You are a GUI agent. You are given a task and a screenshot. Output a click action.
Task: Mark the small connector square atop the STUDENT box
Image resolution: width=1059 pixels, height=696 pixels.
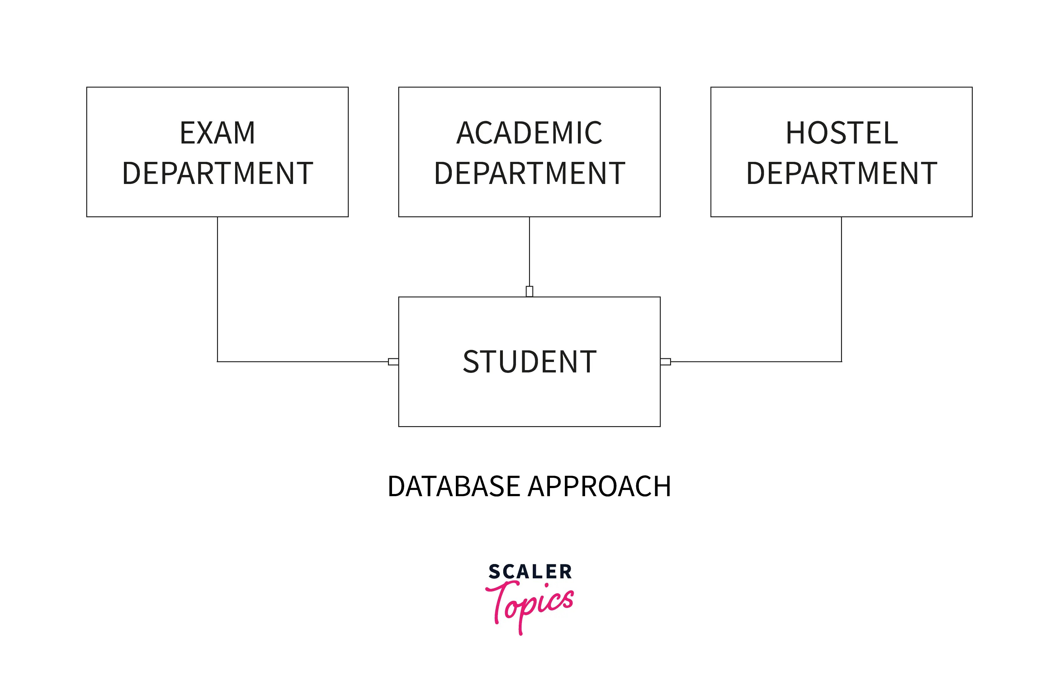[529, 291]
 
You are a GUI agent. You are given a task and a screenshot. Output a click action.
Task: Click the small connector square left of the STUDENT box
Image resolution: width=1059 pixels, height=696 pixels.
[393, 362]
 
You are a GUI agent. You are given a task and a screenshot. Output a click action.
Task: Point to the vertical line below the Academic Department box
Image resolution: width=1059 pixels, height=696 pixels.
[529, 251]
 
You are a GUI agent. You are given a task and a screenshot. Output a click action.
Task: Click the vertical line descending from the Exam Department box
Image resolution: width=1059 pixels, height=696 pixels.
[218, 289]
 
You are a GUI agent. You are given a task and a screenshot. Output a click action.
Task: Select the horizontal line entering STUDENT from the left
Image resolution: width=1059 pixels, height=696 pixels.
[303, 362]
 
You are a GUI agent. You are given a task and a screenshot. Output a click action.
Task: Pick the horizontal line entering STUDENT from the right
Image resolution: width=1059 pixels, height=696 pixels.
[756, 362]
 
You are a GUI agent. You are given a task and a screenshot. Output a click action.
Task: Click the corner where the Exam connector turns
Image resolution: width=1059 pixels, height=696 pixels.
[218, 362]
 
